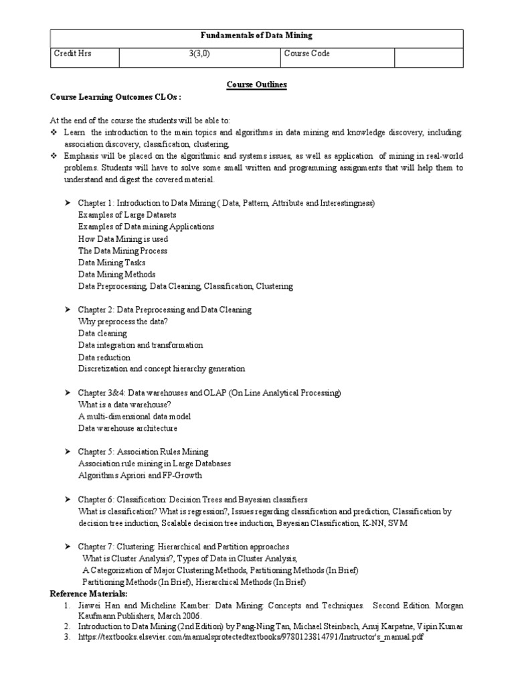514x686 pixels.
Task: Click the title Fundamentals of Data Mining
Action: [256, 36]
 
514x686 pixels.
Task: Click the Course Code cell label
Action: [307, 54]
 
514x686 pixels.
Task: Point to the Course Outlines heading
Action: [256, 85]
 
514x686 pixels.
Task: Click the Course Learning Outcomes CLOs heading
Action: [116, 96]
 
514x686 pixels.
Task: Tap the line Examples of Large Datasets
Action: [127, 214]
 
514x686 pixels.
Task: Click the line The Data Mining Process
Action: [122, 251]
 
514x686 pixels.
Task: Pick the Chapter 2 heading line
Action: [165, 310]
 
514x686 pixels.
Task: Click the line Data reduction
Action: [104, 357]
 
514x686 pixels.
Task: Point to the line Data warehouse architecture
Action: [128, 428]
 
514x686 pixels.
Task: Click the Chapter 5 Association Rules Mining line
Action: [143, 452]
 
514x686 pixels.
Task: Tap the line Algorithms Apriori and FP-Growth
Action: [140, 476]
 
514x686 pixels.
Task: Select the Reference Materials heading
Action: [89, 594]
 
